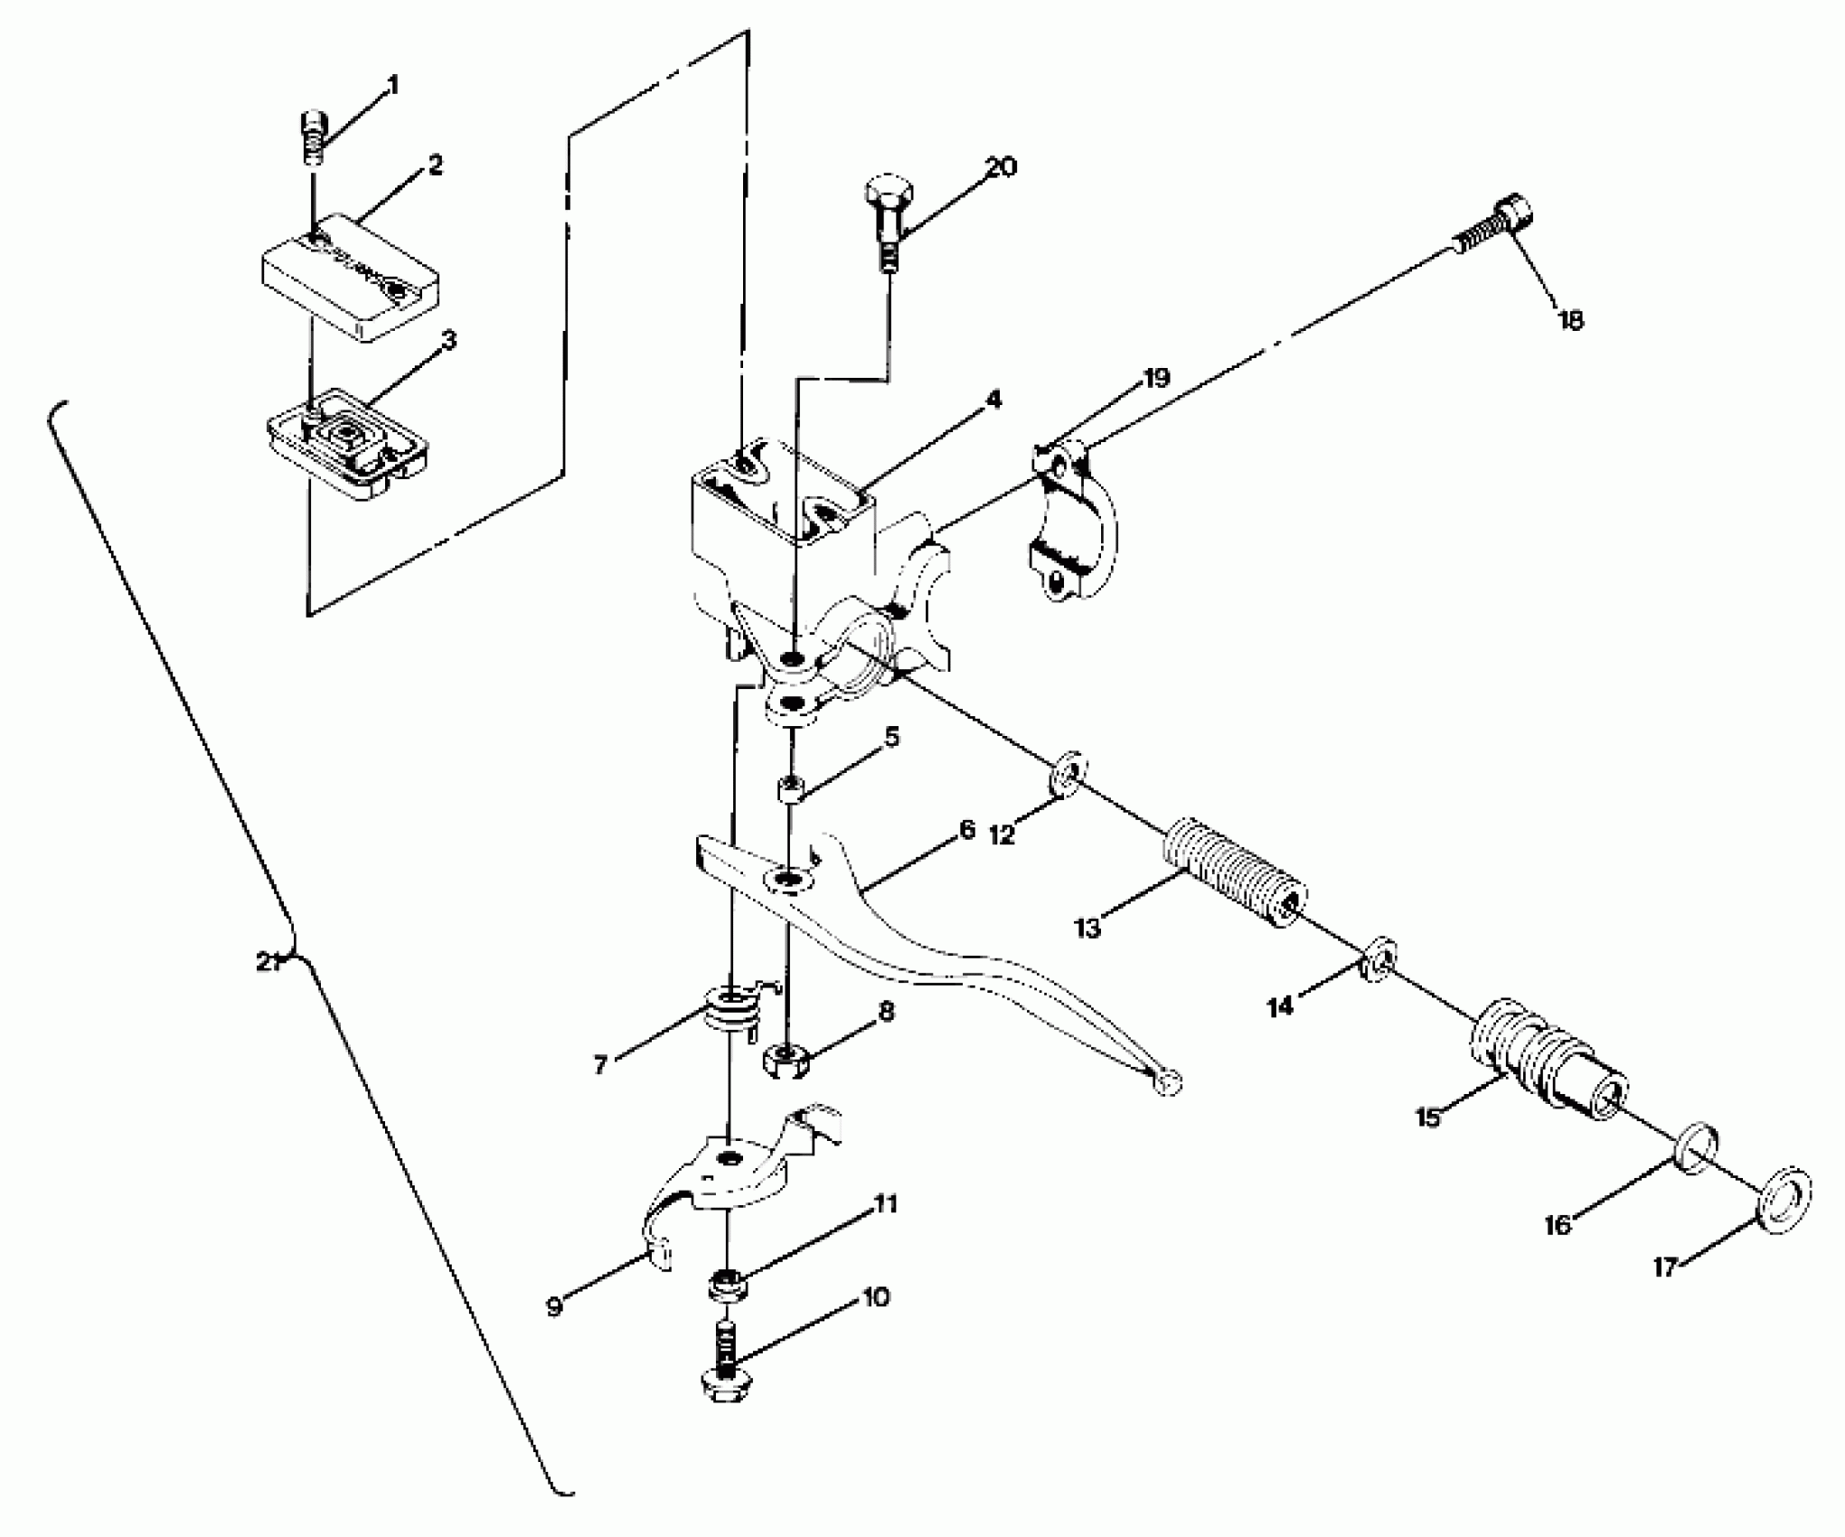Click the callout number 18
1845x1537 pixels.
(1570, 320)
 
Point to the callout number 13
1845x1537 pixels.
(1087, 928)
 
